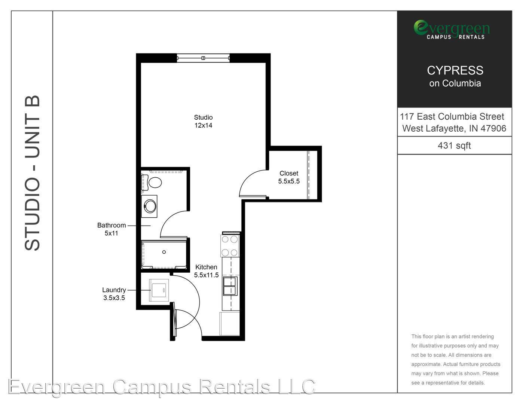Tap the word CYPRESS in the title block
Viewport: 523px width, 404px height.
pos(455,70)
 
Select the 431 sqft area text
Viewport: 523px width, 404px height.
pos(454,146)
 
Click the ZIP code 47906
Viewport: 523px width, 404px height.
pos(493,128)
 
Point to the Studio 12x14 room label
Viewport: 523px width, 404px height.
pos(204,121)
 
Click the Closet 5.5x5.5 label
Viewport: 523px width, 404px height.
pos(289,177)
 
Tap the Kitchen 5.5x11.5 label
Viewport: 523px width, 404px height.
pos(206,271)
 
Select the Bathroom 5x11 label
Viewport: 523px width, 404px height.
pos(111,229)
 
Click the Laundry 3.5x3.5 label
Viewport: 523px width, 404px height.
pos(114,294)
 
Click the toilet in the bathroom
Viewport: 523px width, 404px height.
pos(152,183)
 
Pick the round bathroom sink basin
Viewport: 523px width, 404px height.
pos(150,206)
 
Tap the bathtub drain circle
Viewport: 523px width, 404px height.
pos(164,252)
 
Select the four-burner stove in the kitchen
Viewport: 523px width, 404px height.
pos(230,246)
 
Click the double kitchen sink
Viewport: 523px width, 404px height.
pos(230,286)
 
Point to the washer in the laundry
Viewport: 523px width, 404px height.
pos(159,290)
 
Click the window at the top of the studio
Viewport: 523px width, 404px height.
pos(204,58)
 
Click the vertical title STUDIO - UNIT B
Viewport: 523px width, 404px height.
pos(32,173)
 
